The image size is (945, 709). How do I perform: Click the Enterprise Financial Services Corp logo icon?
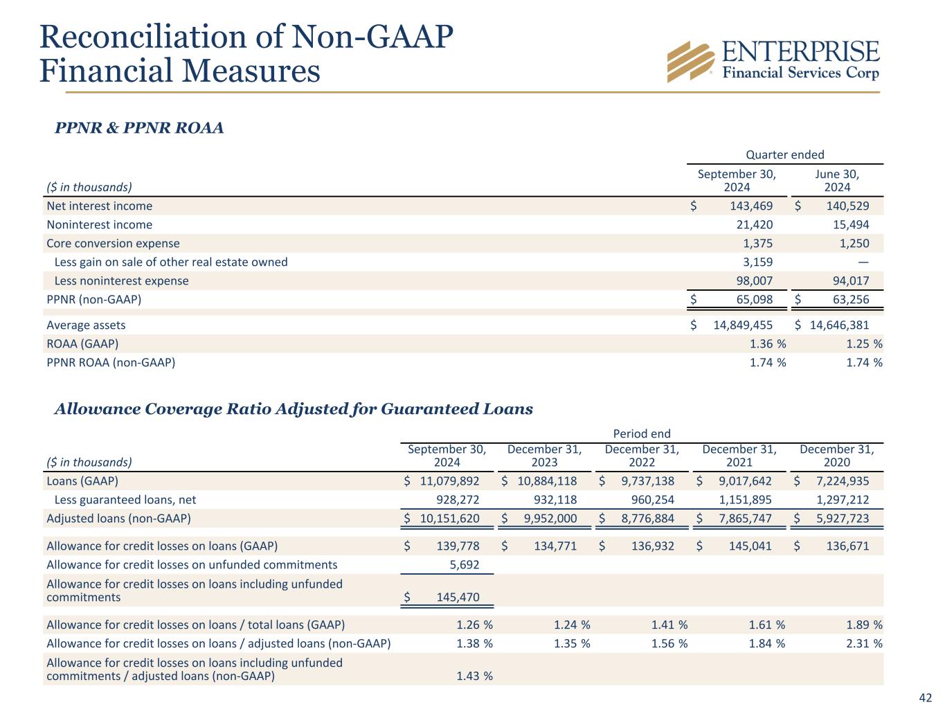pyautogui.click(x=690, y=62)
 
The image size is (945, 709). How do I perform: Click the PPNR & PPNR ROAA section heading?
pyautogui.click(x=139, y=128)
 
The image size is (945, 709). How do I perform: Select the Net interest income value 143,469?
pyautogui.click(x=751, y=206)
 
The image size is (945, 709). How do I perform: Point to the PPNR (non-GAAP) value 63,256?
pyautogui.click(x=848, y=300)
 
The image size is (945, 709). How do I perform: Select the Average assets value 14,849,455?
pyautogui.click(x=743, y=325)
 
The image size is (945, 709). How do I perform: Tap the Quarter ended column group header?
pyautogui.click(x=784, y=154)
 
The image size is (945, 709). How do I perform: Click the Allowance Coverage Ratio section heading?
pyautogui.click(x=294, y=409)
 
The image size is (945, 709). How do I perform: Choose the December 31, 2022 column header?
pyautogui.click(x=642, y=455)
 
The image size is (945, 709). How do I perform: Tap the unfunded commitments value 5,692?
pyautogui.click(x=464, y=565)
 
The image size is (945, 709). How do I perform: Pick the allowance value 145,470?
pyautogui.click(x=458, y=597)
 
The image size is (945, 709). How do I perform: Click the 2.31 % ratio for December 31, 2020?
pyautogui.click(x=864, y=643)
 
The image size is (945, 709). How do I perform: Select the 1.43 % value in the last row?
pyautogui.click(x=474, y=676)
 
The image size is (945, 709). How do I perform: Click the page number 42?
pyautogui.click(x=926, y=697)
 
